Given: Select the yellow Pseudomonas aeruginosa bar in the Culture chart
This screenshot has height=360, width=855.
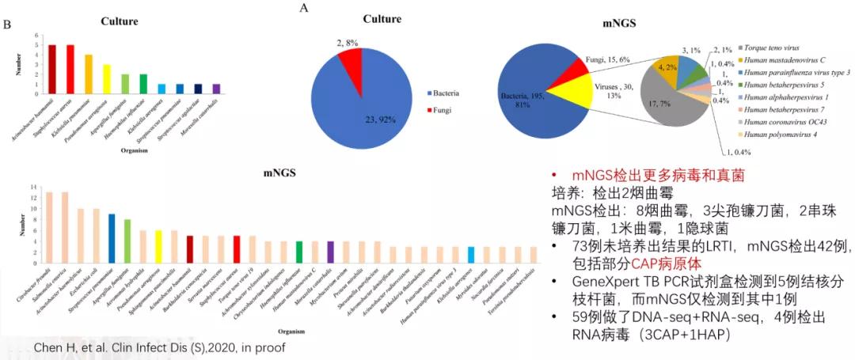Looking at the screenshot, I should (x=107, y=80).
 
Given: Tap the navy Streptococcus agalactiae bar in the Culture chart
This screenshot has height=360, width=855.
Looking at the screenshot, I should (x=199, y=89).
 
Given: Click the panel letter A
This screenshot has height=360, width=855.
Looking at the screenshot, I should (x=303, y=8).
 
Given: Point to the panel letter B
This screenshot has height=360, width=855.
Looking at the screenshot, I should (x=7, y=26).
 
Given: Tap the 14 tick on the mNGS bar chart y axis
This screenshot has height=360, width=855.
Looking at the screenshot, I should (x=33, y=187).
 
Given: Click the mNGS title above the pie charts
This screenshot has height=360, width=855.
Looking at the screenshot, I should (x=622, y=24).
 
